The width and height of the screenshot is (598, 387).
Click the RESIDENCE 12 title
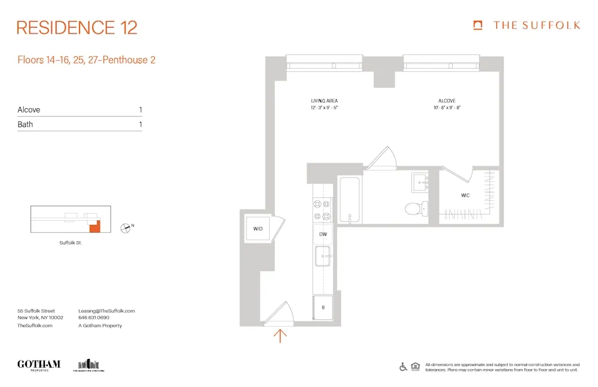pyautogui.click(x=77, y=28)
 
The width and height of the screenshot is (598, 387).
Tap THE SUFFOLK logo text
pyautogui.click(x=536, y=25)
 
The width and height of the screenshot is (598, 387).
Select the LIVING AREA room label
pyautogui.click(x=325, y=101)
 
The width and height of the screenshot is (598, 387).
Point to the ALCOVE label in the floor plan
pyautogui.click(x=446, y=101)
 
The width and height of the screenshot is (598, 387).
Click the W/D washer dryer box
pyautogui.click(x=258, y=228)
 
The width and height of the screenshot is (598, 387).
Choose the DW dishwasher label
pyautogui.click(x=322, y=234)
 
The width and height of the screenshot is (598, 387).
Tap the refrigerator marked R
pyautogui.click(x=323, y=307)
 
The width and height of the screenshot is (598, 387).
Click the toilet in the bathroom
pyautogui.click(x=416, y=209)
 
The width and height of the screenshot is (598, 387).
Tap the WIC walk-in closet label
pyautogui.click(x=465, y=196)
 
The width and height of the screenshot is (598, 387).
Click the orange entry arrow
pyautogui.click(x=279, y=336)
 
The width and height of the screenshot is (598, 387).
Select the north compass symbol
pyautogui.click(x=126, y=227)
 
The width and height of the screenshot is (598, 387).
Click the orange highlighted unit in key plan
pyautogui.click(x=94, y=226)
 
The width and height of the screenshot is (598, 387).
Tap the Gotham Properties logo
pyautogui.click(x=39, y=364)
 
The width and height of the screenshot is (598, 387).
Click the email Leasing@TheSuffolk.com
pyautogui.click(x=106, y=311)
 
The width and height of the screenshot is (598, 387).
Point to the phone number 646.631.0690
pyautogui.click(x=94, y=318)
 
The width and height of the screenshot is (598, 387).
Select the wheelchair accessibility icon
pyautogui.click(x=403, y=367)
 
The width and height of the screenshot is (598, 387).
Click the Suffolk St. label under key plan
pyautogui.click(x=70, y=243)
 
